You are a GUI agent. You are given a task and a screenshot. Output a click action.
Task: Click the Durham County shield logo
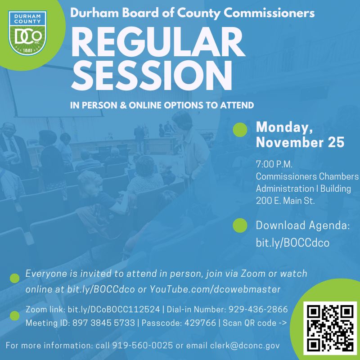(27, 33)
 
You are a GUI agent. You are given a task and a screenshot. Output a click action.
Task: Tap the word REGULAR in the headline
(158, 42)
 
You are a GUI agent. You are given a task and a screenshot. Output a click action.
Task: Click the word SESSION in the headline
(152, 76)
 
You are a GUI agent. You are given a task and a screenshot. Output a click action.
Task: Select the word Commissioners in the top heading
(269, 13)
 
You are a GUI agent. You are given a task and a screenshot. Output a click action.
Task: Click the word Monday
(284, 127)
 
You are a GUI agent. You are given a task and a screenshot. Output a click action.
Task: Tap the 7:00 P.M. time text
(274, 164)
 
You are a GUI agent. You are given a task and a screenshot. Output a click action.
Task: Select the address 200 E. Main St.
(285, 201)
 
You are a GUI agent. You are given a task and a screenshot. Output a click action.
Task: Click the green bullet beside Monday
(240, 130)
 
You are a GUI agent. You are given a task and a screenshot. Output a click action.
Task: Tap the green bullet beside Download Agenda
(240, 225)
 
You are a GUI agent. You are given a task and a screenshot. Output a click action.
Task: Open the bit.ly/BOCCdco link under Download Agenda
(293, 243)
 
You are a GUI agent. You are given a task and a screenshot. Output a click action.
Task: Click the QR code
(330, 328)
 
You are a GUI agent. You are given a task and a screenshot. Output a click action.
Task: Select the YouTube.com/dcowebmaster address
(215, 289)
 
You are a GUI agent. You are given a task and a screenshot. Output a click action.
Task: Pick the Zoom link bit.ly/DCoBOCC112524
(114, 310)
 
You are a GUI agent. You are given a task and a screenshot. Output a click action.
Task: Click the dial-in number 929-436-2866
(258, 309)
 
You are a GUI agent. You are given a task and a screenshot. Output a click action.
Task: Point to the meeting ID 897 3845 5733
(103, 323)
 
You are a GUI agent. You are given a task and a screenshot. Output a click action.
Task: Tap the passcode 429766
(200, 323)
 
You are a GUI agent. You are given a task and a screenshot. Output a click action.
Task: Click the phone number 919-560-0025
(142, 345)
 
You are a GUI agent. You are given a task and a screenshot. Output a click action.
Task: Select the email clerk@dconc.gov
(245, 345)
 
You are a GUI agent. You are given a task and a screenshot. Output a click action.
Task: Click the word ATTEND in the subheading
(237, 105)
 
